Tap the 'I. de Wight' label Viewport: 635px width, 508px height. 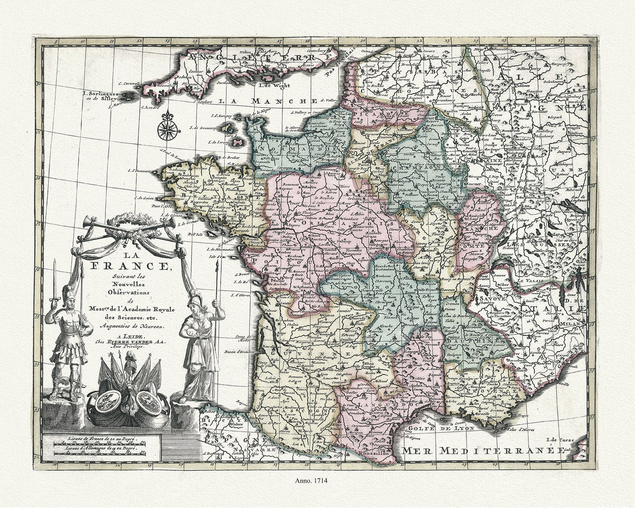[x=272, y=86]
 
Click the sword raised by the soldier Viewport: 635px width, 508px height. [x=54, y=281]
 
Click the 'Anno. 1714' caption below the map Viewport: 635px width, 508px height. [x=317, y=480]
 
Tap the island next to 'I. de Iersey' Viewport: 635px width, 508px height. [x=241, y=143]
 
